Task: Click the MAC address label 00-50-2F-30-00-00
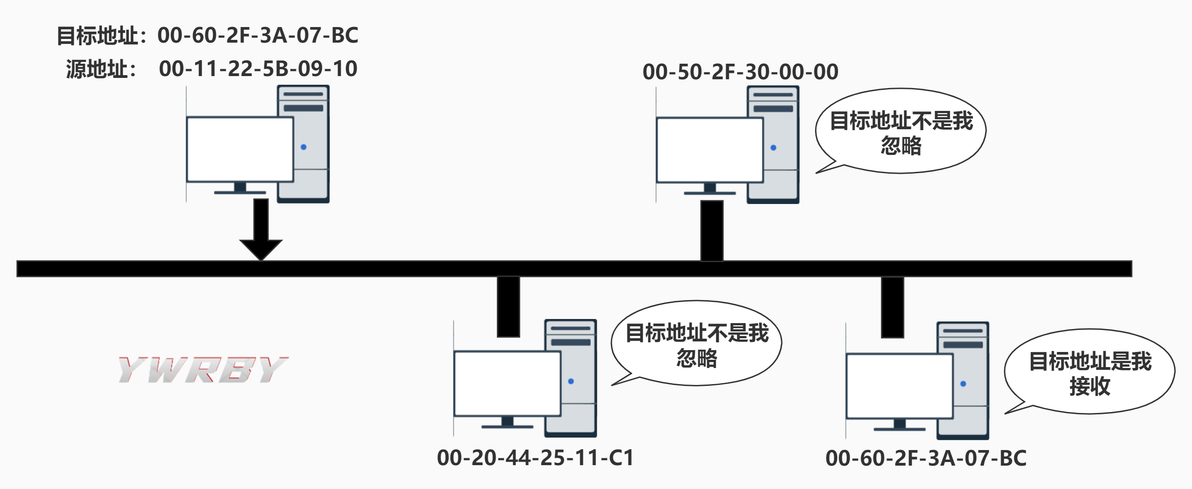point(740,72)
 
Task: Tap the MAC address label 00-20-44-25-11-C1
point(535,457)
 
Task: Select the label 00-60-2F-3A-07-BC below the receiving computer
point(926,458)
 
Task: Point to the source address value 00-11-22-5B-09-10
point(258,69)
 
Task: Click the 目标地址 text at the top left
point(97,36)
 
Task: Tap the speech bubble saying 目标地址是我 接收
point(1090,372)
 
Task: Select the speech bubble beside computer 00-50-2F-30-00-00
point(901,132)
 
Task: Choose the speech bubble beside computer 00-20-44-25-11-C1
point(697,344)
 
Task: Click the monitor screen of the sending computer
point(239,149)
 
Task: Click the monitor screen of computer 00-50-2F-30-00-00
point(709,149)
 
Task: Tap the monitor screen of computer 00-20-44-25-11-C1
point(507,384)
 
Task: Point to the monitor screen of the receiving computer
point(899,386)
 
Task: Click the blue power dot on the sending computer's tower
point(304,147)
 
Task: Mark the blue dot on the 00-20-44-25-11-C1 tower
point(571,381)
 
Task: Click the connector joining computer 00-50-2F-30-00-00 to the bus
point(712,230)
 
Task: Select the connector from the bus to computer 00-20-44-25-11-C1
point(508,307)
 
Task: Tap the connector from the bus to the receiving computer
point(892,308)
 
